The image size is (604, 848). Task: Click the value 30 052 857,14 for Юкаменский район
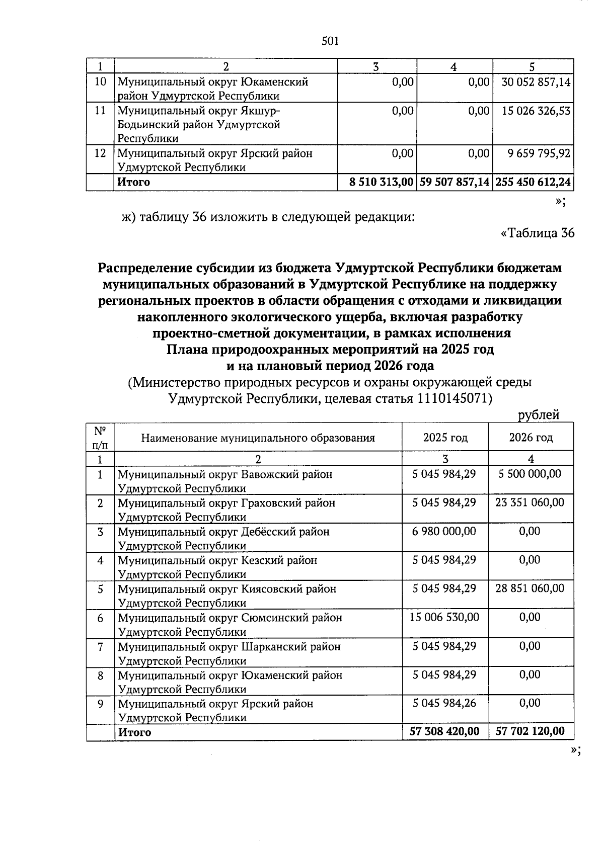[x=536, y=81]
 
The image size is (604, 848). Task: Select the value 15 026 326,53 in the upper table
[x=536, y=110]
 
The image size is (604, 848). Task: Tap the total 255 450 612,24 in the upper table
[x=534, y=182]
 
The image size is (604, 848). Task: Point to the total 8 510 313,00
[x=381, y=182]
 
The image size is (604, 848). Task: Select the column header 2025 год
[x=445, y=438]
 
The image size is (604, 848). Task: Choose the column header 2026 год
[x=531, y=438]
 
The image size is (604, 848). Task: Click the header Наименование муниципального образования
[x=258, y=438]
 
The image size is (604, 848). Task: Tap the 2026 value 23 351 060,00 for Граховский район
[x=530, y=502]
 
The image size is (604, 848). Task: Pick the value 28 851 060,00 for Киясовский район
[x=530, y=588]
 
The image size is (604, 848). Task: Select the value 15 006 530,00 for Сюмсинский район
[x=444, y=617]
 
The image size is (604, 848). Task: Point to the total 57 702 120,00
[x=530, y=731]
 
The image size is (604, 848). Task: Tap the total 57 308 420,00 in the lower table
[x=444, y=731]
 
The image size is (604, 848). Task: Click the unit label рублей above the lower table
[x=539, y=415]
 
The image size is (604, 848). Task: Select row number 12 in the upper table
[x=100, y=153]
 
